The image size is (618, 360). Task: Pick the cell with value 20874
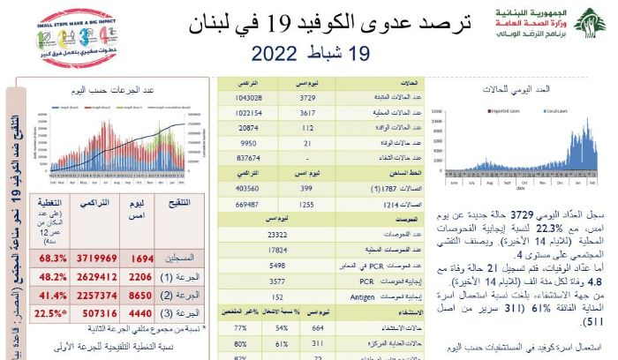[x=246, y=128]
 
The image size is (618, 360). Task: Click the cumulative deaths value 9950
[x=246, y=143]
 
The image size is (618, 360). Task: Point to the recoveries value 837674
[x=246, y=158]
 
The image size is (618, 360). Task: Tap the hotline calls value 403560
[x=246, y=188]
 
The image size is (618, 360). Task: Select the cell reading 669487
[x=246, y=204]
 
